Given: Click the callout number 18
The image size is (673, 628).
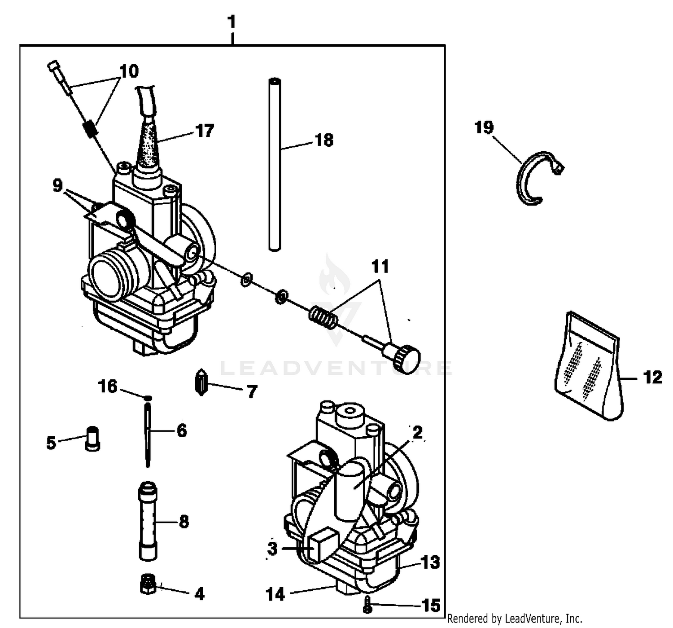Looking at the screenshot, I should pyautogui.click(x=324, y=140).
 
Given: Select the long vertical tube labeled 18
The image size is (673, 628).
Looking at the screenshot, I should pyautogui.click(x=275, y=164).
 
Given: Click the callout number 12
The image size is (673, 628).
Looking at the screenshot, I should pyautogui.click(x=652, y=378).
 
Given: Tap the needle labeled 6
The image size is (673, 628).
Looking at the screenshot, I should pyautogui.click(x=148, y=435).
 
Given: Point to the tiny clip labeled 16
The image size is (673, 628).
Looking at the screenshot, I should pyautogui.click(x=148, y=398).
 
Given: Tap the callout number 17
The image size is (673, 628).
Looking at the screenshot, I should pyautogui.click(x=204, y=131).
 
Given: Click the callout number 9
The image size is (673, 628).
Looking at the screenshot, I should pyautogui.click(x=57, y=185).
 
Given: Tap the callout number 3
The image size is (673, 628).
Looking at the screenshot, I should pyautogui.click(x=272, y=549).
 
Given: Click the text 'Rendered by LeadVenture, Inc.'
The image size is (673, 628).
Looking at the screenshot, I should pyautogui.click(x=515, y=619).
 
